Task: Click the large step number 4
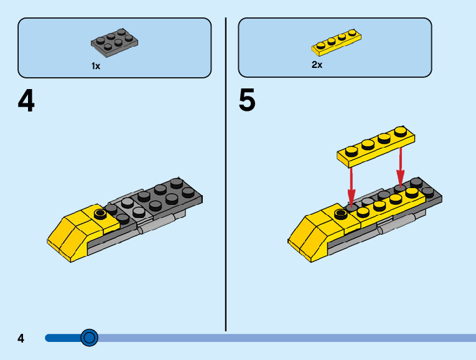[26, 102]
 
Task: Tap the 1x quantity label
[96, 65]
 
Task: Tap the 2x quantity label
[317, 65]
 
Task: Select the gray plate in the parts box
[114, 41]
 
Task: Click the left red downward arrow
[351, 184]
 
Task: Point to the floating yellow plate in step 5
[376, 147]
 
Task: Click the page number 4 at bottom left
[21, 338]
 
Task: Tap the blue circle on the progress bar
[90, 338]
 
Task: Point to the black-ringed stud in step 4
[99, 214]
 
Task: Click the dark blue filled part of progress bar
[62, 338]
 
